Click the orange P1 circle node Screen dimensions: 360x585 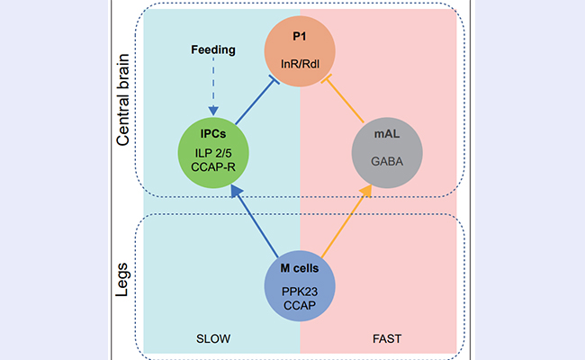point(300,51)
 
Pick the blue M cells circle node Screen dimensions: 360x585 point(300,285)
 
